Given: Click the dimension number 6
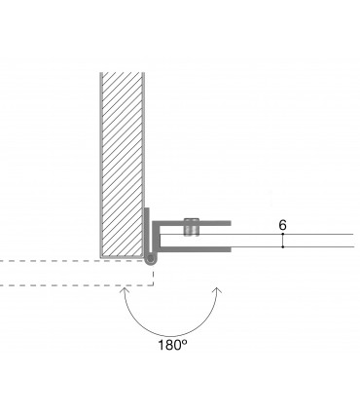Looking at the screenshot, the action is tap(282, 225).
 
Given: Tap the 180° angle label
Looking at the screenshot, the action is tap(172, 345).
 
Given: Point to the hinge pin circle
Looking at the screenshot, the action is tap(151, 259).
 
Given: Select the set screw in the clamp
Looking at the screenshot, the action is tap(192, 227).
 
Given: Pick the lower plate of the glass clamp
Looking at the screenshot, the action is tap(195, 249).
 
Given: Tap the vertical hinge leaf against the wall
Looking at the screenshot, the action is tap(147, 232).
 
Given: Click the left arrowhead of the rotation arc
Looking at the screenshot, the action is tap(124, 290).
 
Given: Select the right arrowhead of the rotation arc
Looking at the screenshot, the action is tap(218, 290).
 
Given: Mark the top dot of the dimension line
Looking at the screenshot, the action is tap(283, 234).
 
